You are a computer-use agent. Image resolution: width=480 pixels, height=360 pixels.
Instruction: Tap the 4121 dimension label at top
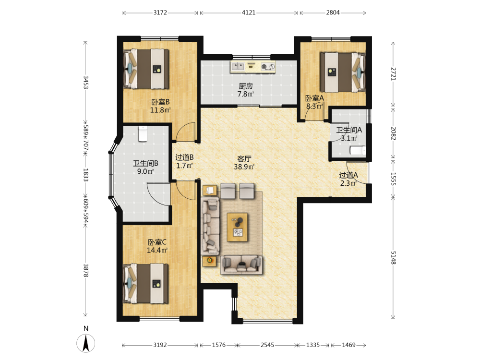pyautogui.click(x=249, y=12)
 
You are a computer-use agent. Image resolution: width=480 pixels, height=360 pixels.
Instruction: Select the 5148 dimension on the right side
pyautogui.click(x=394, y=258)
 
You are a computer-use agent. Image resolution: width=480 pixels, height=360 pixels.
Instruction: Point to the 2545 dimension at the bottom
pyautogui.click(x=267, y=345)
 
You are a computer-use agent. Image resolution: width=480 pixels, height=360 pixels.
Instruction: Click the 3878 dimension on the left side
pyautogui.click(x=86, y=271)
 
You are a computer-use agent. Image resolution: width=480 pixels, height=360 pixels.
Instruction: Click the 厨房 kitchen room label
pyautogui.click(x=246, y=86)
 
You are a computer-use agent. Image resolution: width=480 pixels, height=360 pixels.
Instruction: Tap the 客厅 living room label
pyautogui.click(x=244, y=159)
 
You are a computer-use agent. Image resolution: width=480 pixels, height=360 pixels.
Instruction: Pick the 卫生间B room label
pyautogui.click(x=145, y=164)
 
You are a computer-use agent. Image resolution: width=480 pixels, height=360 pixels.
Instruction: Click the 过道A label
pyautogui.click(x=348, y=175)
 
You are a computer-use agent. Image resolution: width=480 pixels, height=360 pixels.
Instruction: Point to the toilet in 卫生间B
pyautogui.click(x=143, y=134)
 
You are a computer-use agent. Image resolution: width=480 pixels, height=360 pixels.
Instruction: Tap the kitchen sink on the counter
pyautogui.click(x=238, y=66)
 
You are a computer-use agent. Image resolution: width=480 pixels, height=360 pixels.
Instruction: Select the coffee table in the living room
pyautogui.click(x=238, y=227)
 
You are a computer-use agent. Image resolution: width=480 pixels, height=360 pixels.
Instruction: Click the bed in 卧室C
pyautogui.click(x=146, y=284)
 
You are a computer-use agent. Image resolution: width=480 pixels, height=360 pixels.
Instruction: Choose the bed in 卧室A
pyautogui.click(x=343, y=72)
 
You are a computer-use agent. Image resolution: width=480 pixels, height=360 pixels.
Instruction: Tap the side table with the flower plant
pyautogui.click(x=210, y=261)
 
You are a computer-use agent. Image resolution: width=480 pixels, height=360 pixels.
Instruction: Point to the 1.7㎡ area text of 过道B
pyautogui.click(x=184, y=166)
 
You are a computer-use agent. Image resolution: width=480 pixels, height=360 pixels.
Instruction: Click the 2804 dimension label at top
pyautogui.click(x=333, y=12)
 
